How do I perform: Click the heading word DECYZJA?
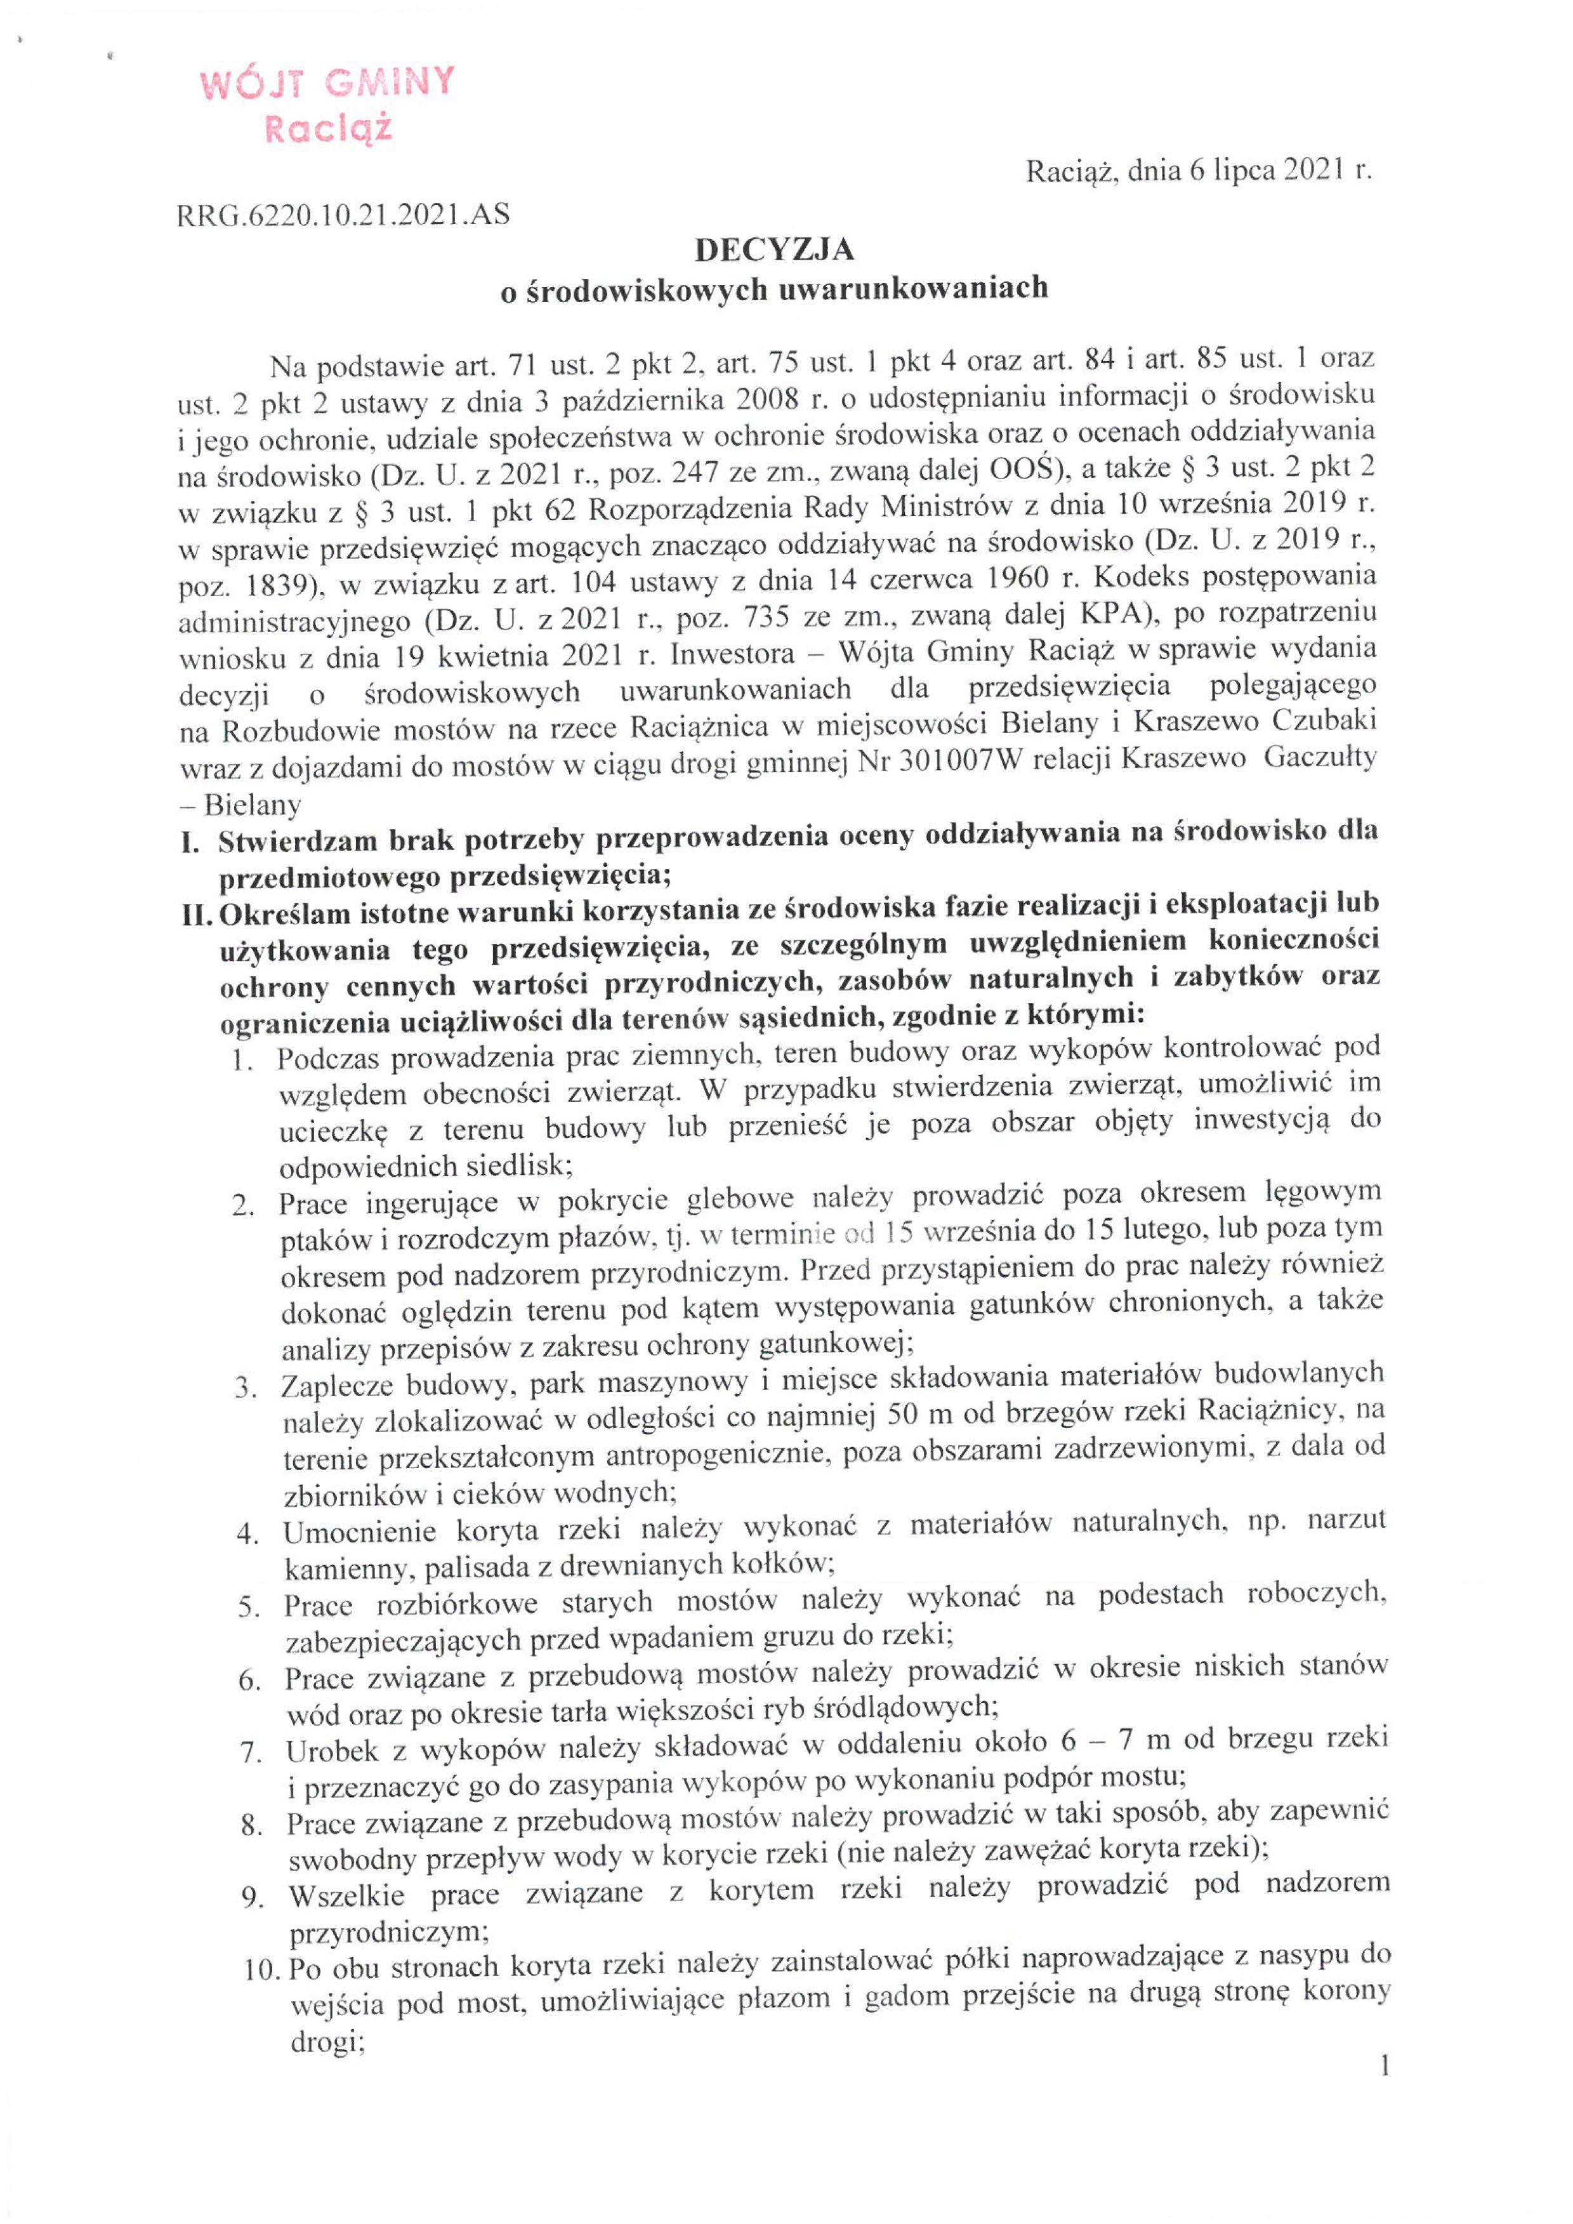tap(774, 251)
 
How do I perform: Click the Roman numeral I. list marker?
tap(190, 841)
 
